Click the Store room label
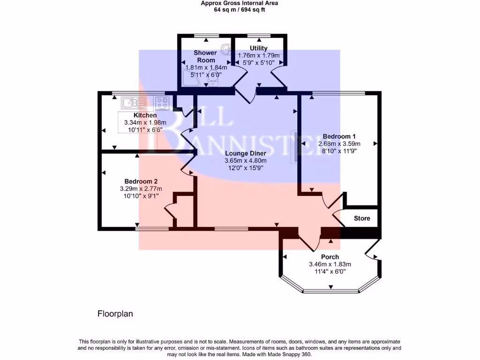tap(362, 218)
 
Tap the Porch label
tap(330, 257)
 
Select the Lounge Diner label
tap(245, 153)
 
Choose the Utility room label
tap(259, 48)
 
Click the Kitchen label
tap(145, 115)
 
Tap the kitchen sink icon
tap(134, 102)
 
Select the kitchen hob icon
tap(162, 102)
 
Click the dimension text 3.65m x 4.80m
tap(245, 161)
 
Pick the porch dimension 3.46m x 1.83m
tap(330, 264)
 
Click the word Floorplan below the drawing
tap(115, 314)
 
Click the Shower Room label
tap(205, 56)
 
